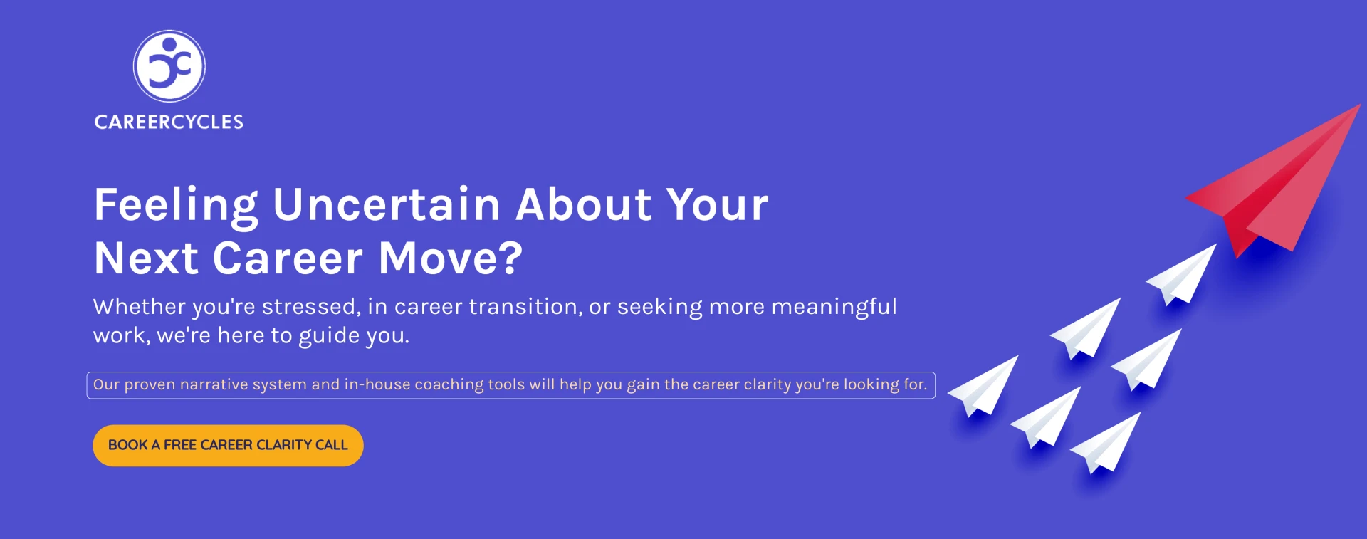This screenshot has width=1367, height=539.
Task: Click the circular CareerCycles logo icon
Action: click(x=169, y=66)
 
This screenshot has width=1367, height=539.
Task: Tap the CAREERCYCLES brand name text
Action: click(x=169, y=122)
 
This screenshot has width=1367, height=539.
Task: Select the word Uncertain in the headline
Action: click(x=387, y=204)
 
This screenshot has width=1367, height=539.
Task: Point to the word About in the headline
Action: click(x=584, y=204)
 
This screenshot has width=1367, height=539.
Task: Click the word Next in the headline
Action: click(x=146, y=258)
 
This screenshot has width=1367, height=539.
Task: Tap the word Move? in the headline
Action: click(x=451, y=258)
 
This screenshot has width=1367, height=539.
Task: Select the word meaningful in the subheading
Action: click(x=834, y=308)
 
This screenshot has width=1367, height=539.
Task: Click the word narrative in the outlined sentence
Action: click(x=213, y=384)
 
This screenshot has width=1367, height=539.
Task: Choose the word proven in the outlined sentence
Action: click(x=150, y=385)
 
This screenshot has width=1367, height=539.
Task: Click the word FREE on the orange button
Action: click(x=180, y=445)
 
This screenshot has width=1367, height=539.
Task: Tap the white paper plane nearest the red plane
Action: click(x=1183, y=276)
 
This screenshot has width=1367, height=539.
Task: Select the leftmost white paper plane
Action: click(x=985, y=387)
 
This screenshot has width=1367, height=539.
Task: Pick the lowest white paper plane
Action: click(x=1107, y=444)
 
